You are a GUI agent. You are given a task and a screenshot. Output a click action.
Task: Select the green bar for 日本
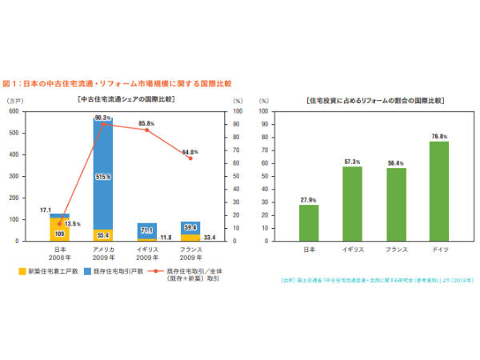(x=309, y=222)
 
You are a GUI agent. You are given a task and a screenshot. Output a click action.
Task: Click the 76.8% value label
(x=438, y=137)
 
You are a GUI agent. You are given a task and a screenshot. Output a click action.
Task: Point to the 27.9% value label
(x=309, y=199)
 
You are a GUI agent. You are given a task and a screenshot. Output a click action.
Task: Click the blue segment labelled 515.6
(x=102, y=176)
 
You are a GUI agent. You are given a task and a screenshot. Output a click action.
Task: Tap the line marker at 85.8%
(x=146, y=130)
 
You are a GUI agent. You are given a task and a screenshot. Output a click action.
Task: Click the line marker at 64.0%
(x=190, y=158)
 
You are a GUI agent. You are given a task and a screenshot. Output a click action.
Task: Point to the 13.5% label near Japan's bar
(x=72, y=224)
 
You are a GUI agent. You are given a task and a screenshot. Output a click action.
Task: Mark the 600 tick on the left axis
(x=14, y=111)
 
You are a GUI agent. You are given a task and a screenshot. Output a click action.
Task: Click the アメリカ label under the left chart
(x=102, y=250)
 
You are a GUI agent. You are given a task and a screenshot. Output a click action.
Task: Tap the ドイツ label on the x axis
(x=438, y=250)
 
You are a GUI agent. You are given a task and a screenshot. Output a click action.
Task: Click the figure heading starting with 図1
(x=117, y=83)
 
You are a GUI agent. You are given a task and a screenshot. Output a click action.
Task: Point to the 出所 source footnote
(x=377, y=281)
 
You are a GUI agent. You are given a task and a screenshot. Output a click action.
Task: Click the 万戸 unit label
(x=16, y=101)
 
